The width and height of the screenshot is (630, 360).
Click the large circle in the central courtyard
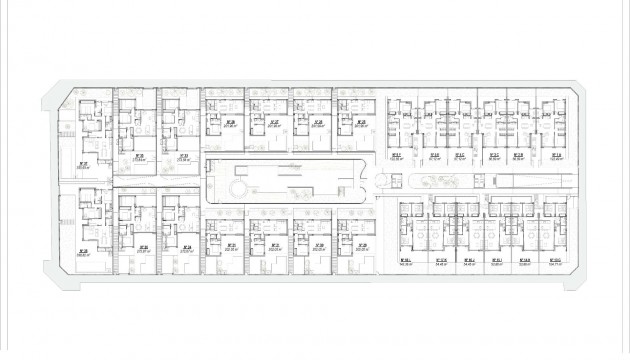[x=240, y=189]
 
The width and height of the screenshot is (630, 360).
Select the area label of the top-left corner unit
[x=83, y=166]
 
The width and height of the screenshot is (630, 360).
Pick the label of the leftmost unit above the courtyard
[x=231, y=125]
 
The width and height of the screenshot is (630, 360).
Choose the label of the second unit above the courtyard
[x=274, y=125]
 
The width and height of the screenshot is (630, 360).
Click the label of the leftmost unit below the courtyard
[x=231, y=246]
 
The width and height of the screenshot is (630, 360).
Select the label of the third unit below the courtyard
[x=319, y=246]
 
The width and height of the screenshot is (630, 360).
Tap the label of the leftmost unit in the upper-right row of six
[x=398, y=157]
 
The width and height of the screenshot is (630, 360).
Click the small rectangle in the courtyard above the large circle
[x=240, y=168]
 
